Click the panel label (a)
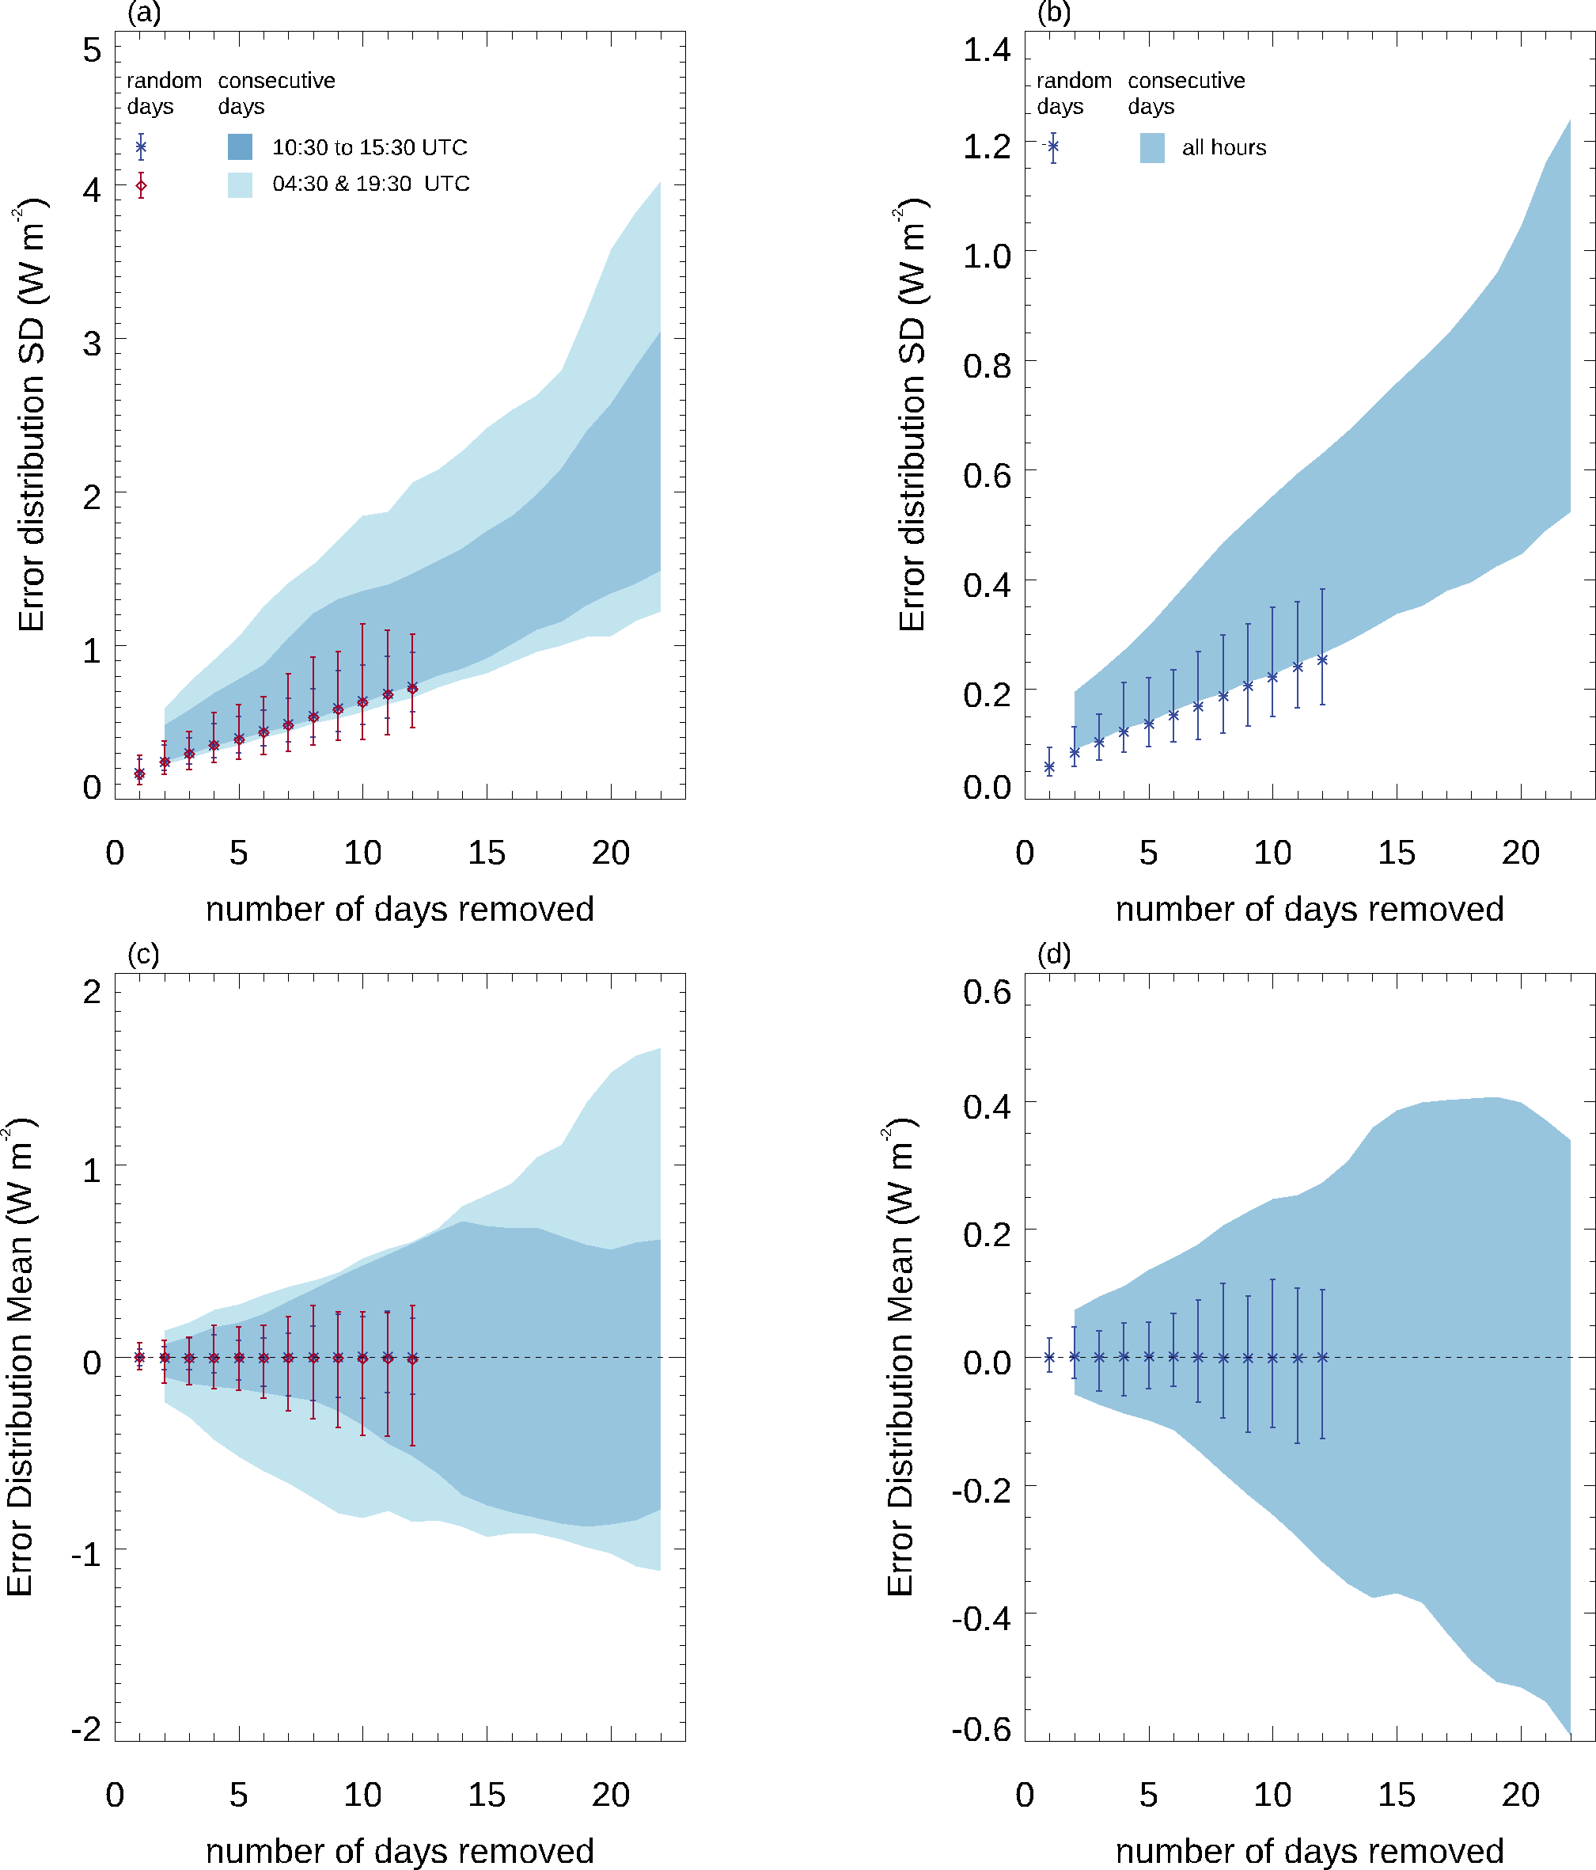(x=144, y=13)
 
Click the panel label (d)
(x=1054, y=954)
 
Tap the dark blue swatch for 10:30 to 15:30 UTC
(x=240, y=147)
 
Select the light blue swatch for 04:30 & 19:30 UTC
(x=240, y=184)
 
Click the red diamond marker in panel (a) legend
(x=141, y=186)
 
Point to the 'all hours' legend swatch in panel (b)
(x=1152, y=148)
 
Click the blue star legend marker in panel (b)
(x=1053, y=146)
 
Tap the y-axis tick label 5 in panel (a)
(x=92, y=51)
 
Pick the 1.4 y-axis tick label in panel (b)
(x=986, y=50)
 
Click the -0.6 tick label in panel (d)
(x=982, y=1728)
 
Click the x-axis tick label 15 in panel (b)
(x=1396, y=853)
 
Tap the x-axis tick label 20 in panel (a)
(x=611, y=853)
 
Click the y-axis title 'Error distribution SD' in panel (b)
(x=912, y=415)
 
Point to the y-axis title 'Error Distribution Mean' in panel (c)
(x=20, y=1358)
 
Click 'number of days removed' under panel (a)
(x=400, y=909)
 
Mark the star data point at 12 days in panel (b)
(x=1323, y=660)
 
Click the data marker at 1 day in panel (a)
(x=140, y=773)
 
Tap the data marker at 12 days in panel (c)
(x=412, y=1359)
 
